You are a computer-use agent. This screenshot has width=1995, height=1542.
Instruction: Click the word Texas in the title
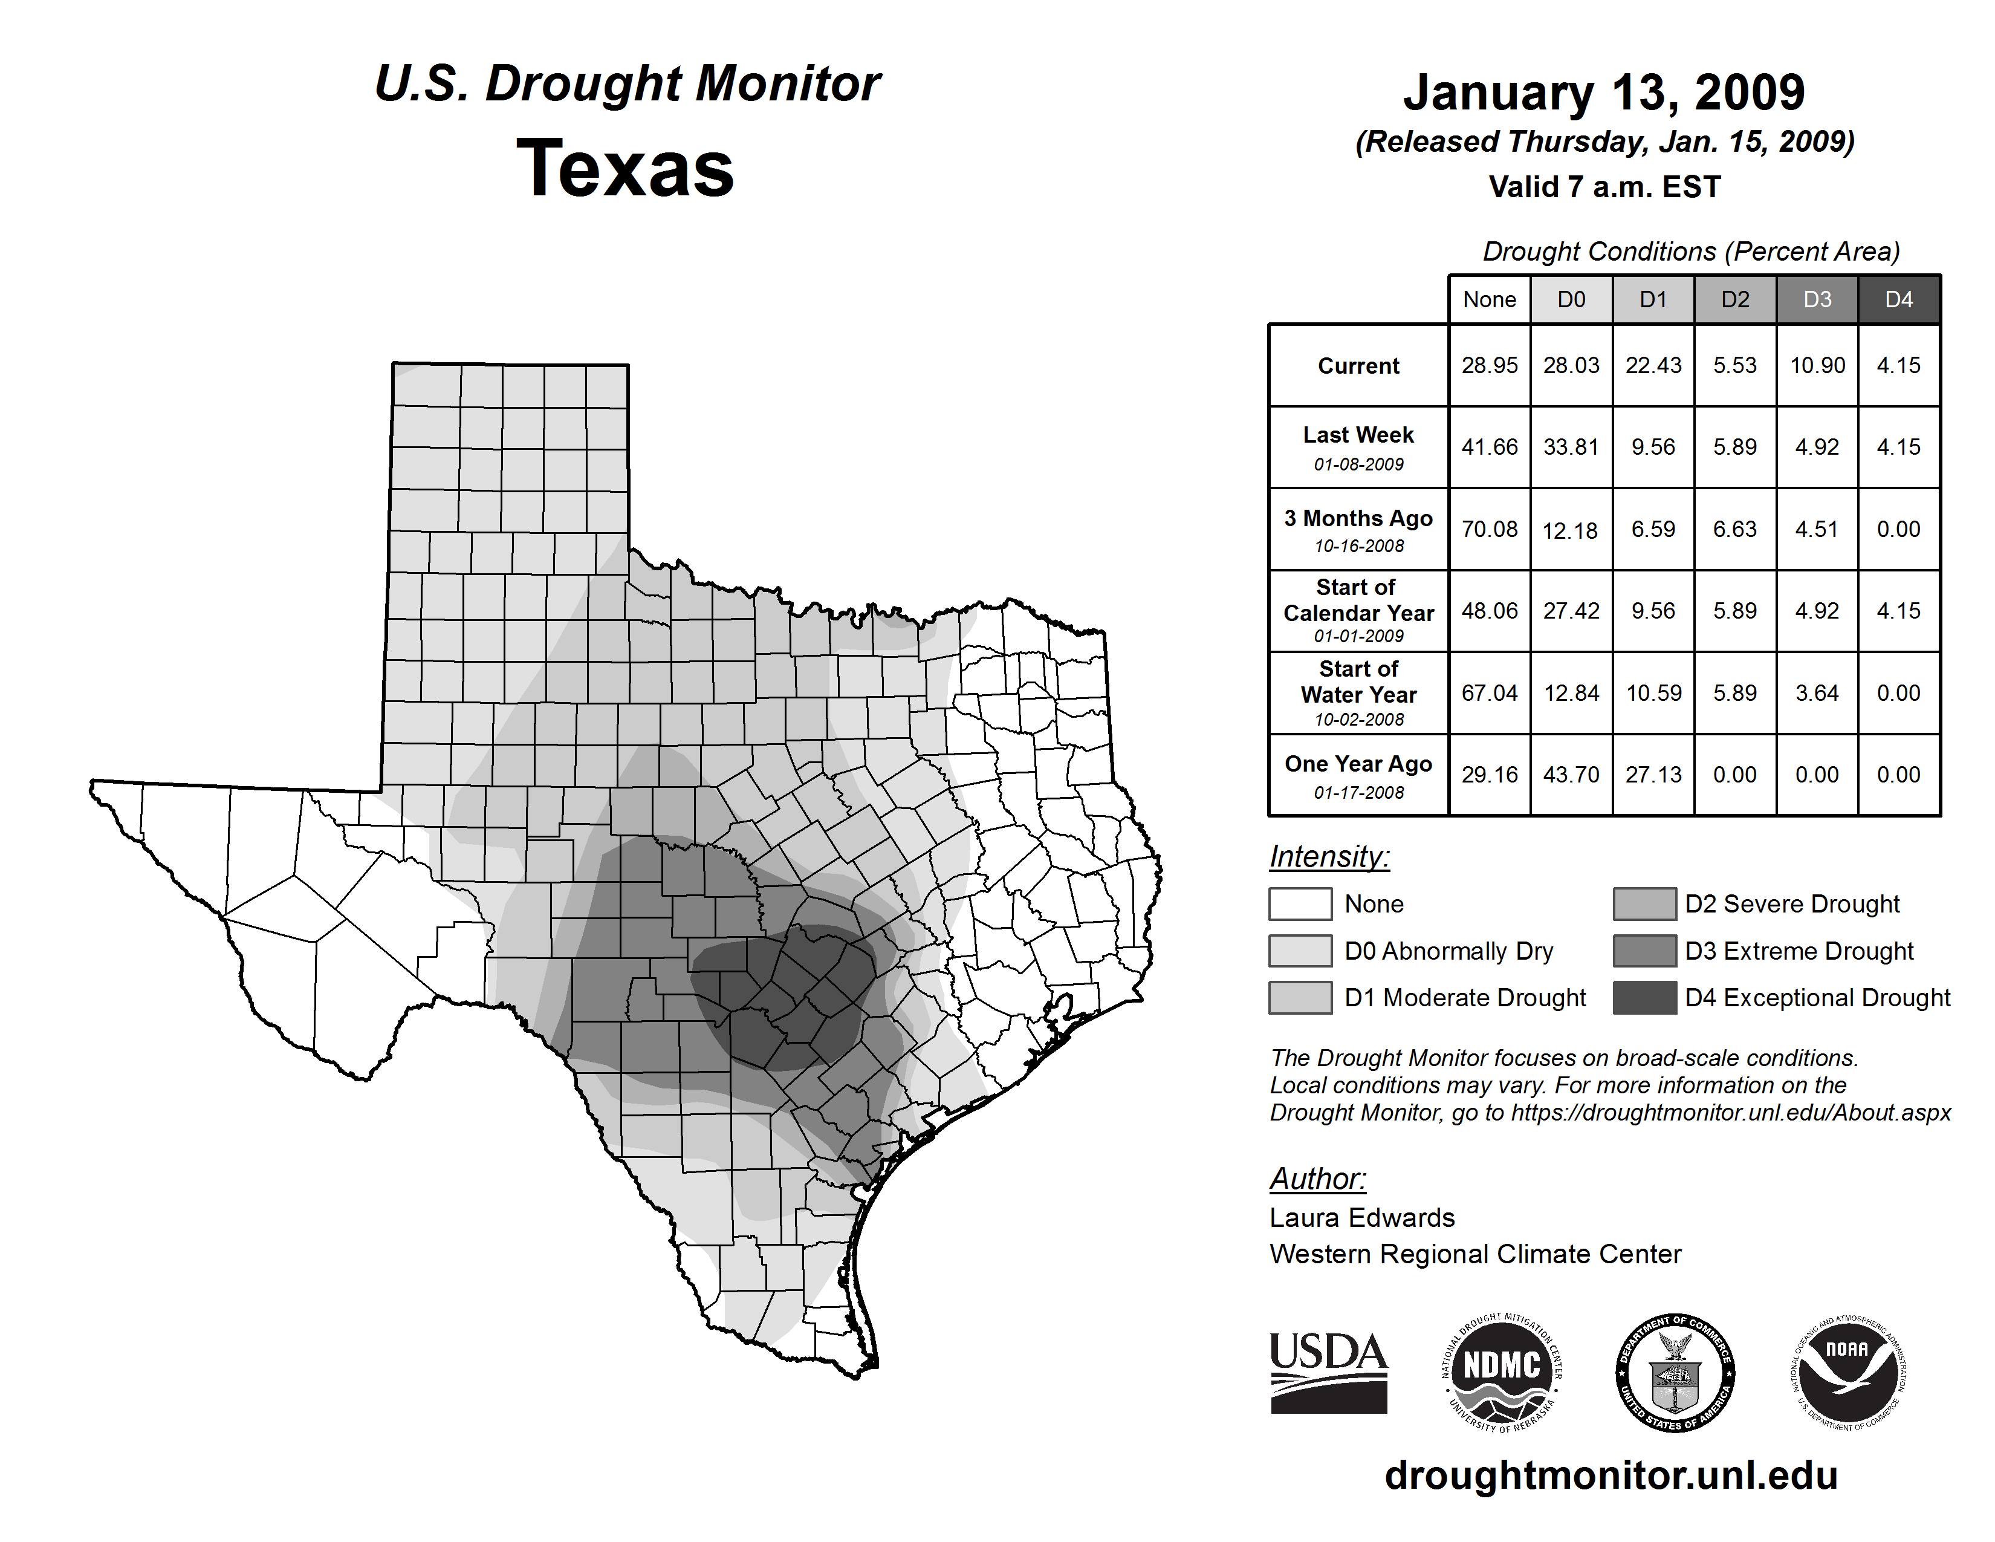625,169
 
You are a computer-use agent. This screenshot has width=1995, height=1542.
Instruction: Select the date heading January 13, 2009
1604,93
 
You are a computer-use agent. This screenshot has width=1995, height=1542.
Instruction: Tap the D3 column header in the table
1817,299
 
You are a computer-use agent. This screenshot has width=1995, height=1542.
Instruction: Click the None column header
1489,299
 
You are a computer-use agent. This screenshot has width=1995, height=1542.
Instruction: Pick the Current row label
1358,365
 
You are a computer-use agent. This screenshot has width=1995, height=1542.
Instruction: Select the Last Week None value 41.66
1489,447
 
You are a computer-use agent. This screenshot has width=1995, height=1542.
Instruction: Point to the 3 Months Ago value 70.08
1489,529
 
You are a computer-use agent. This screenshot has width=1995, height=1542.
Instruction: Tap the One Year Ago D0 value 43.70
1571,775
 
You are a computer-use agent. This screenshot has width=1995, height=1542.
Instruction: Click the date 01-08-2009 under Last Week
1358,464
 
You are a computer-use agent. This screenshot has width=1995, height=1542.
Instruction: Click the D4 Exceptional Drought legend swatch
1644,998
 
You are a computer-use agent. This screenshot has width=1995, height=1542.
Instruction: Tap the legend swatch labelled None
1300,903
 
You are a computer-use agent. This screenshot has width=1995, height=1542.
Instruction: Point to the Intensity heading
1329,857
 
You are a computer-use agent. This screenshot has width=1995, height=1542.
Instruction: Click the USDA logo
1328,1372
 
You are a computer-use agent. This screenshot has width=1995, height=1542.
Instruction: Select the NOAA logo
1848,1372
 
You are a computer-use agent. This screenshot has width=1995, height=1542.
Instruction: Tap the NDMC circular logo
1501,1372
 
